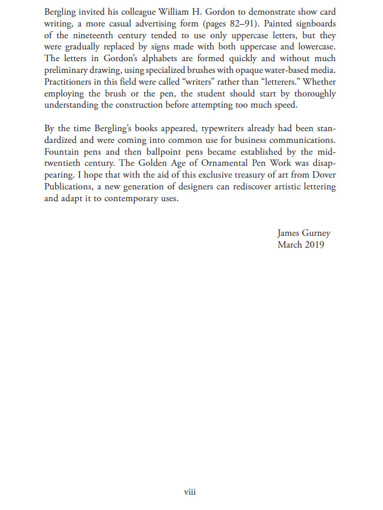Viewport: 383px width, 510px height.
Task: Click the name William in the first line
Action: click(176, 13)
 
